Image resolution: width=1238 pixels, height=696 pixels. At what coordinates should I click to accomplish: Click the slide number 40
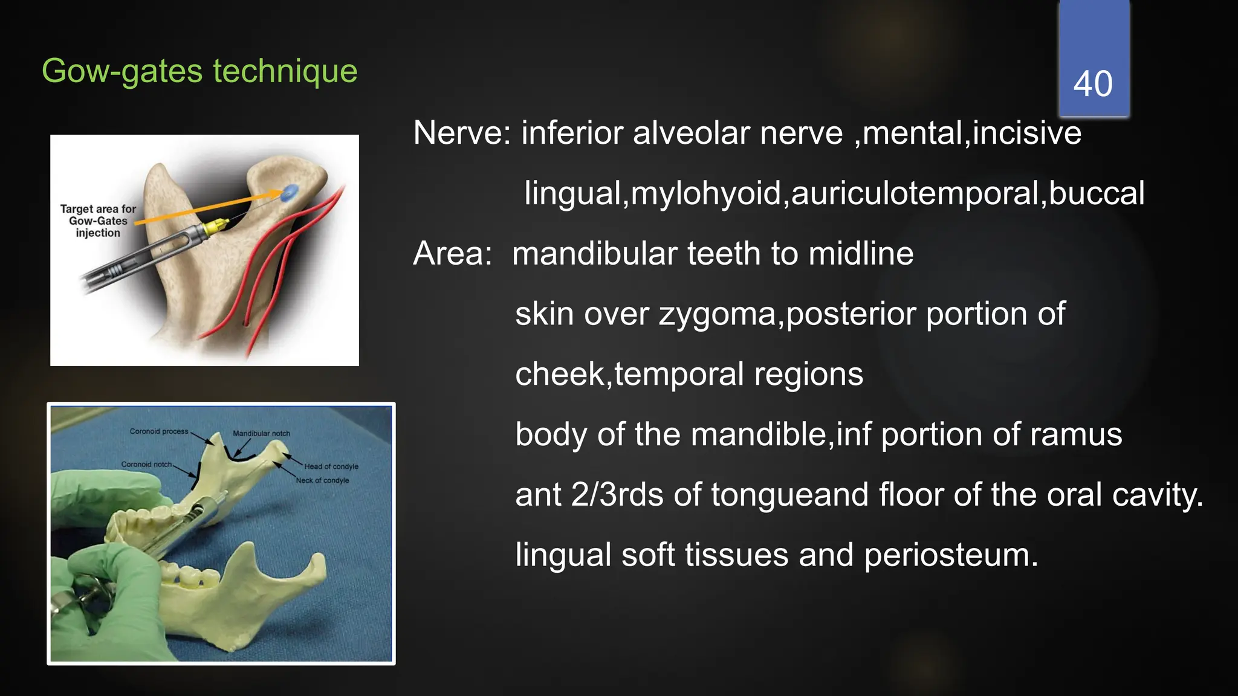(1092, 83)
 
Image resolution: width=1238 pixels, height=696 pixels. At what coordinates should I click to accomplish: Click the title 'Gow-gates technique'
(199, 71)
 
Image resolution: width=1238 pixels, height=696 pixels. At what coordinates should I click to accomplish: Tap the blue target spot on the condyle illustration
(290, 192)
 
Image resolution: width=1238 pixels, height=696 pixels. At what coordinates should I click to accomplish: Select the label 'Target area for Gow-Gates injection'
(98, 221)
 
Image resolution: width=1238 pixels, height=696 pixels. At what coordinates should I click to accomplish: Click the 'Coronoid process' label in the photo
(159, 431)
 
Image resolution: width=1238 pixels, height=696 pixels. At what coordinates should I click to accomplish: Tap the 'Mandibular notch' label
(261, 433)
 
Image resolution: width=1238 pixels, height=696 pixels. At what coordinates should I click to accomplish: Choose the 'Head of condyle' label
(331, 466)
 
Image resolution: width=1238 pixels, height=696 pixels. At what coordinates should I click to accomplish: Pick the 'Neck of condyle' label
(322, 480)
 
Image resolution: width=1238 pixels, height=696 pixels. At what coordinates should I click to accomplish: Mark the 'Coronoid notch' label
(146, 464)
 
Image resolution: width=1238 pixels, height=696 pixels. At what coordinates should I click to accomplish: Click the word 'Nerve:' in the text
(462, 133)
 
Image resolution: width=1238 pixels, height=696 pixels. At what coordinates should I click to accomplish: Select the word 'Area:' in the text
(452, 254)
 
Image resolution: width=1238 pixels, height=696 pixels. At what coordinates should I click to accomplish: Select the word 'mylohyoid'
(705, 193)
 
